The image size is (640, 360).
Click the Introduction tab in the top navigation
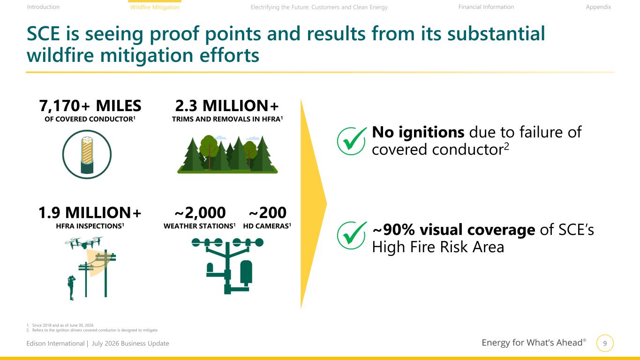click(43, 7)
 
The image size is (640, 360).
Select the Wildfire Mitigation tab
click(155, 7)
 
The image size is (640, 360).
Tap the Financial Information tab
click(486, 7)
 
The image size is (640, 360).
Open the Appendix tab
click(598, 7)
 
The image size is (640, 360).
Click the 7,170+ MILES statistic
click(90, 106)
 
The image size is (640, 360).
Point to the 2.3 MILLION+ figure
click(227, 106)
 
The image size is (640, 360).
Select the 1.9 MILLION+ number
click(90, 212)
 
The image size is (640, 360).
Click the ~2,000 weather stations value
click(200, 212)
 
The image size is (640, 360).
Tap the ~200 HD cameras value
click(267, 212)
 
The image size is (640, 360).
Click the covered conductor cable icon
click(87, 155)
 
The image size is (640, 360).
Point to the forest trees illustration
click(227, 154)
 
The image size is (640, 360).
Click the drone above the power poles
click(84, 243)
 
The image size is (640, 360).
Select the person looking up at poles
click(71, 287)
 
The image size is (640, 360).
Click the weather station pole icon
click(227, 266)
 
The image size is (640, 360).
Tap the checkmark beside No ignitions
click(352, 141)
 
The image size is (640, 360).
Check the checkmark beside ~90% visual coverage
click(352, 235)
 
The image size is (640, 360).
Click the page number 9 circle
click(605, 343)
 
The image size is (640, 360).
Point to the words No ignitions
click(418, 132)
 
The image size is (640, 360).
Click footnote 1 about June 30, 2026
click(60, 325)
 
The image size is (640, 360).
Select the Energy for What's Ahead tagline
click(534, 343)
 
